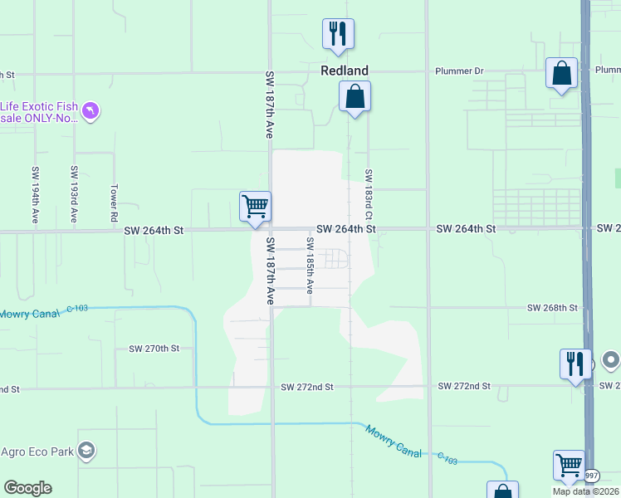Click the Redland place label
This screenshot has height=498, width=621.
(x=345, y=71)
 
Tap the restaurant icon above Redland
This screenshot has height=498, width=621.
(x=338, y=33)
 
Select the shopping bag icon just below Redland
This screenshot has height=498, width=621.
(x=355, y=96)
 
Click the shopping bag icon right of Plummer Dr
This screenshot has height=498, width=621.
(x=561, y=73)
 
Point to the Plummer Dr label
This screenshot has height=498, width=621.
(x=459, y=71)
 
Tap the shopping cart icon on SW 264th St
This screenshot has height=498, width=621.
(x=255, y=206)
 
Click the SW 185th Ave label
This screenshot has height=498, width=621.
(x=310, y=265)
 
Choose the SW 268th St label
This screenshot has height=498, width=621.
(x=552, y=308)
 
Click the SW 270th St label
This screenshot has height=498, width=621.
(x=154, y=349)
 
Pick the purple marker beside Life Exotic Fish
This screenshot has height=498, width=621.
(x=91, y=110)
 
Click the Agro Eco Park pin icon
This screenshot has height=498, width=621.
(x=86, y=451)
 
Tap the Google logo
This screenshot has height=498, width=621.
(x=27, y=488)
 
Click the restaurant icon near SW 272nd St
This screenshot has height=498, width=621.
(x=574, y=363)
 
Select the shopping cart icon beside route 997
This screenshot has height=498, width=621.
(x=569, y=465)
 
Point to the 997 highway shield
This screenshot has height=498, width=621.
(x=590, y=476)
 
